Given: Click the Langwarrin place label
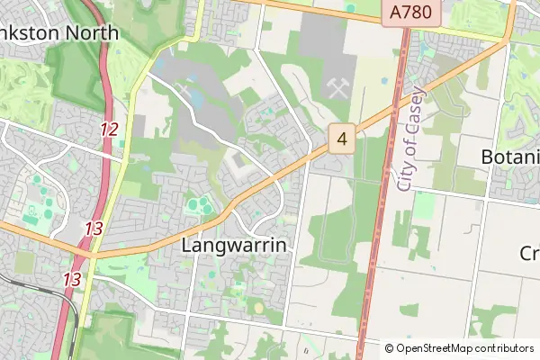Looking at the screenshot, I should [x=234, y=245].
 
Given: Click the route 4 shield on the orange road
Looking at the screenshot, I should [x=341, y=139].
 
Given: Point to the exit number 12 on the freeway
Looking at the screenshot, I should [x=109, y=130].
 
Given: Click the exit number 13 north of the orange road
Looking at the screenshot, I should [x=93, y=229].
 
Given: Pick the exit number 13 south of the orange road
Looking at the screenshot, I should [x=72, y=280].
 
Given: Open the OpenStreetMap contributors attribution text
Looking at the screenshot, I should [x=465, y=348].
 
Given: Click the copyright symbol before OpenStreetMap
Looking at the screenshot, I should [x=389, y=348].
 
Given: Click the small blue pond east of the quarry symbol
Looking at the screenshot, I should [x=385, y=81].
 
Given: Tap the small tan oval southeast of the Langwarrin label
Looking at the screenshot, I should [x=259, y=308].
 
